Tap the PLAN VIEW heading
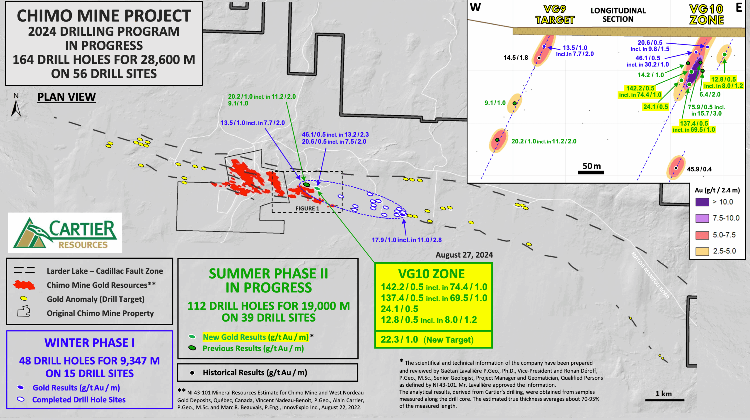(67, 97)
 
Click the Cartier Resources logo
(65, 233)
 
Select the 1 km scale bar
(664, 400)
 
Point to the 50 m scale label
(592, 166)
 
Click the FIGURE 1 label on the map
(307, 208)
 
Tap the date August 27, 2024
(464, 255)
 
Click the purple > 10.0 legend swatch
(702, 202)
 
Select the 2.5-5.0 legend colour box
(702, 251)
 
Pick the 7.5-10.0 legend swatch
(702, 218)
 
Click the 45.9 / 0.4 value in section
(699, 169)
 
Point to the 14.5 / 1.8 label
(516, 58)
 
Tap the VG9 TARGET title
(555, 15)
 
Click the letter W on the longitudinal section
(475, 7)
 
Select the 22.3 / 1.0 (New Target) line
(427, 340)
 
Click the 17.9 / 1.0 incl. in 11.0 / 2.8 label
(407, 240)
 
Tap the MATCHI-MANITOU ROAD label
(650, 275)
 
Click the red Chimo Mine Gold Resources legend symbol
(24, 285)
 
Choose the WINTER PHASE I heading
(89, 343)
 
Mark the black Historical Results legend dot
(192, 373)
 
